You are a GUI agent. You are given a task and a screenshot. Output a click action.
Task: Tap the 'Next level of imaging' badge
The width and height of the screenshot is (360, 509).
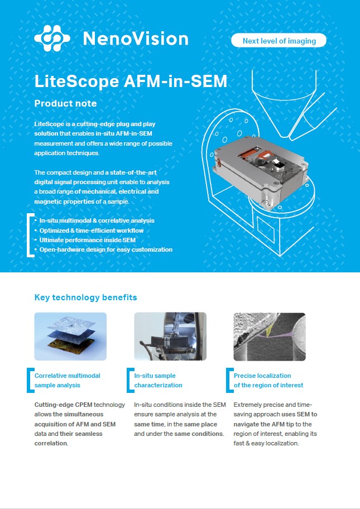tap(279, 41)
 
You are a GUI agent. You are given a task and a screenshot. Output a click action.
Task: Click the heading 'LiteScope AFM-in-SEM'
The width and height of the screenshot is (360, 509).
tap(131, 81)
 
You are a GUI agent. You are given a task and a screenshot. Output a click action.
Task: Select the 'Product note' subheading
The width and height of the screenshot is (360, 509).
tap(65, 103)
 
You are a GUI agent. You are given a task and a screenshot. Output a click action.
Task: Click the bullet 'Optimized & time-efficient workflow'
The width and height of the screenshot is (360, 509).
tap(92, 231)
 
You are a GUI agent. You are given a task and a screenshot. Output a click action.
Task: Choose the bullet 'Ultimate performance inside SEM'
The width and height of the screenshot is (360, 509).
tap(88, 240)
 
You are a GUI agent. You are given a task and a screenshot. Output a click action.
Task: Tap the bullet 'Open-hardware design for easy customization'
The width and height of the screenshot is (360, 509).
tap(105, 249)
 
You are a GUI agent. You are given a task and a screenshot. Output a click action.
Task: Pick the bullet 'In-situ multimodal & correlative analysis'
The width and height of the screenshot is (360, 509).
tap(97, 220)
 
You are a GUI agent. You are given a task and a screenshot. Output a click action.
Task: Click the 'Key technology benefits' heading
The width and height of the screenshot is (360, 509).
tap(85, 297)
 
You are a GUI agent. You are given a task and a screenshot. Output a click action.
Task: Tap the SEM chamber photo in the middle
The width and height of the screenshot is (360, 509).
tap(170, 336)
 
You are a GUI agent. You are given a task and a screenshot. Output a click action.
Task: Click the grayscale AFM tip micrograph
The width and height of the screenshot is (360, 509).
tap(270, 336)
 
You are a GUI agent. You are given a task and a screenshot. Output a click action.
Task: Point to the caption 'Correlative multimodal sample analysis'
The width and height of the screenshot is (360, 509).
tap(68, 381)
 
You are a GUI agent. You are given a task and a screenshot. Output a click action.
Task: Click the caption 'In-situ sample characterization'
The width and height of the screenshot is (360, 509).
tap(159, 381)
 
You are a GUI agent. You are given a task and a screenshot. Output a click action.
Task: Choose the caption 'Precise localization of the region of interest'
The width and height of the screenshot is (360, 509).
tap(268, 381)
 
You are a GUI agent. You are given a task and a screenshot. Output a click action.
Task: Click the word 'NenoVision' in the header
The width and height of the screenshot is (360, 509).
tap(136, 39)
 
